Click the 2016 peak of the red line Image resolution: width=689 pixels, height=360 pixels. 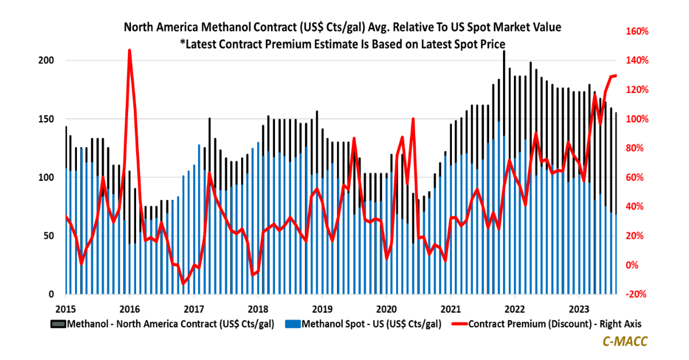129,51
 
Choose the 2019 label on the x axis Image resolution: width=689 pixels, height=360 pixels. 322,307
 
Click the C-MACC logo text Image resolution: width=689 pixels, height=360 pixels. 625,341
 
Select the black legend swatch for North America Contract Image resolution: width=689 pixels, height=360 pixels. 59,324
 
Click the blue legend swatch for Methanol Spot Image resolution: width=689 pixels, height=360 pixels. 293,324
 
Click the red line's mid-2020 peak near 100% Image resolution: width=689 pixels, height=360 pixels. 413,119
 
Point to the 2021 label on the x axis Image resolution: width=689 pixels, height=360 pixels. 451,307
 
